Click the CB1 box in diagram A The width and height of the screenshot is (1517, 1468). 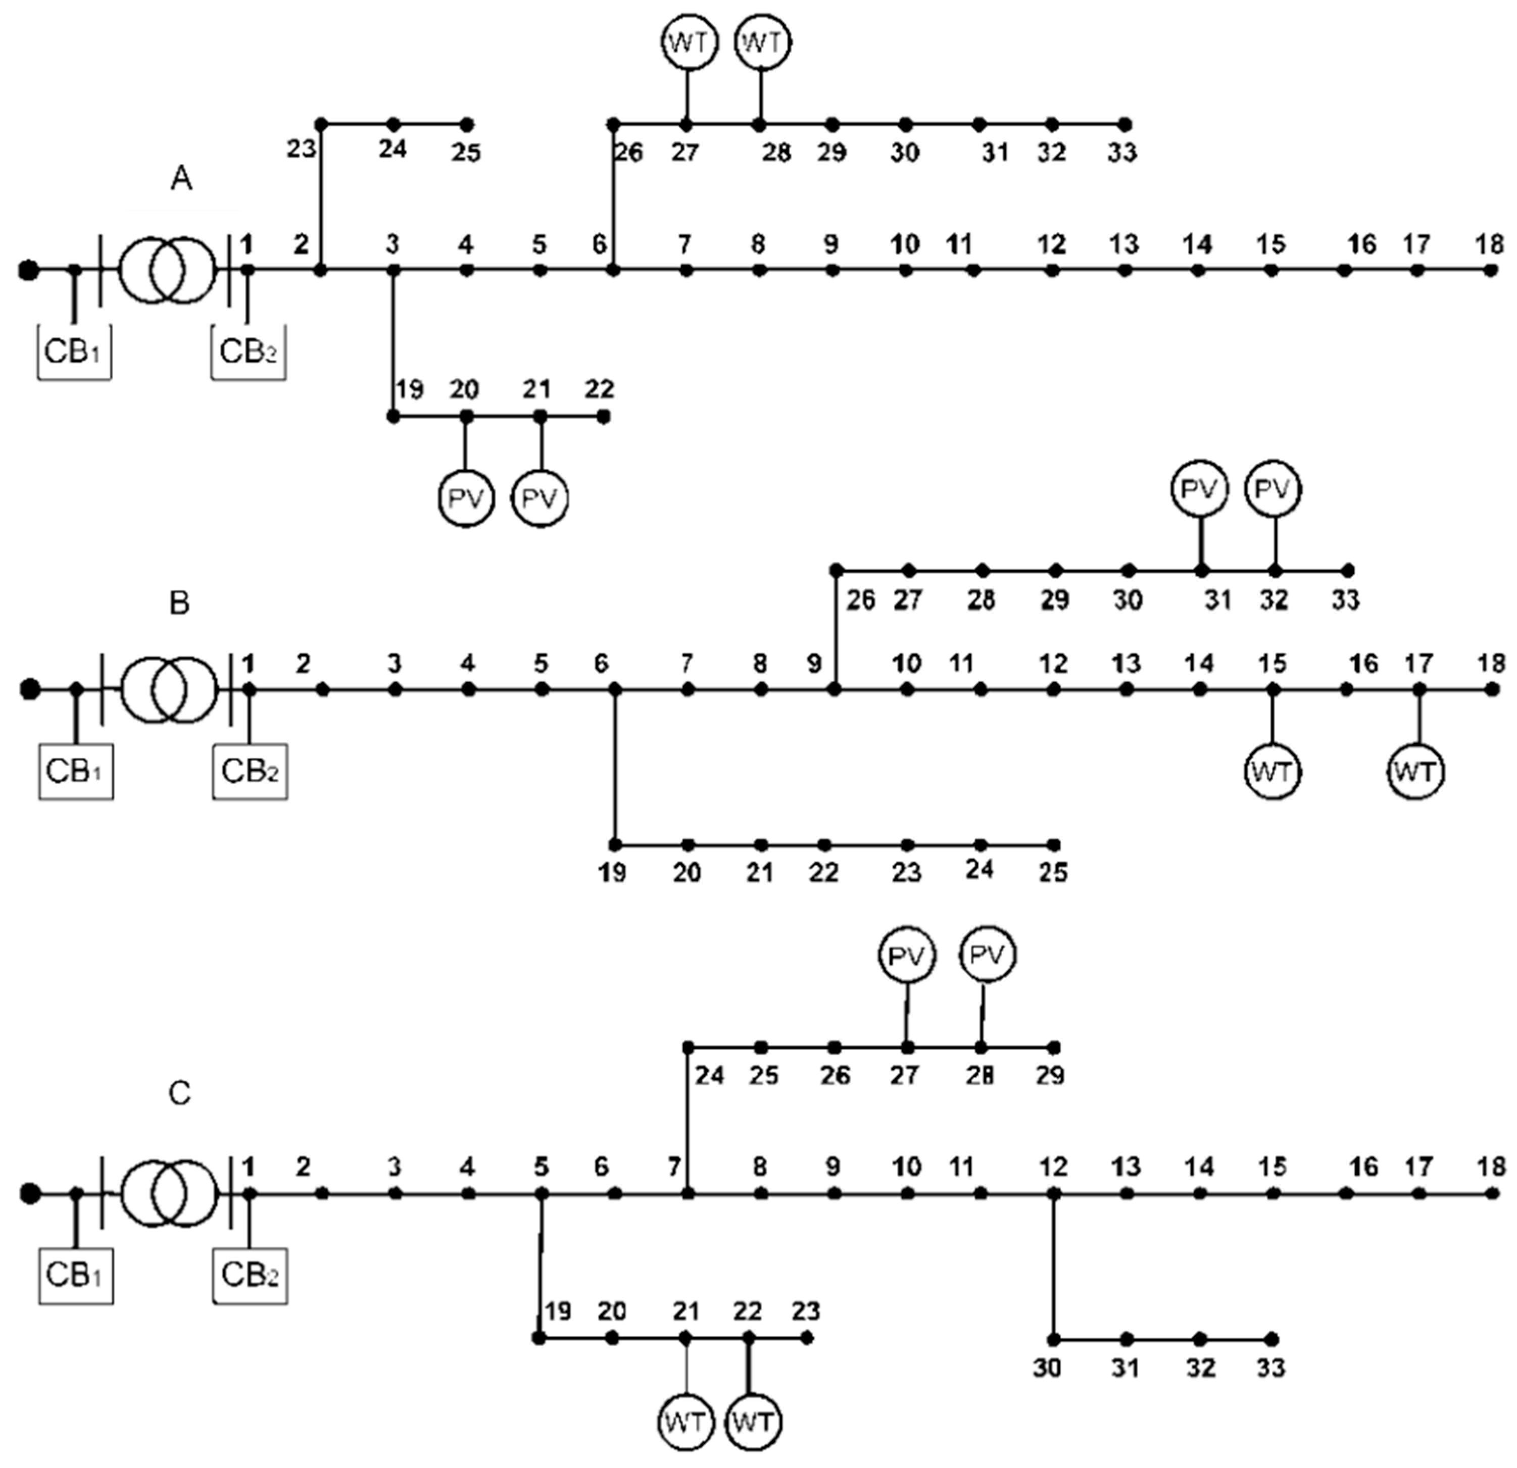point(74,352)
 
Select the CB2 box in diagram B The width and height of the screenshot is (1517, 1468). point(250,772)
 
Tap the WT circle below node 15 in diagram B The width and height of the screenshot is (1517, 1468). point(1273,772)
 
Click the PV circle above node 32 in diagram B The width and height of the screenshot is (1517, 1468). point(1273,490)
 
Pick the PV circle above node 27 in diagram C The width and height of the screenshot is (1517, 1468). point(907,956)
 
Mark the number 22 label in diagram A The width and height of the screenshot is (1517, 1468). point(599,388)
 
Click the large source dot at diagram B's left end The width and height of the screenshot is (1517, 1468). point(29,689)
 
